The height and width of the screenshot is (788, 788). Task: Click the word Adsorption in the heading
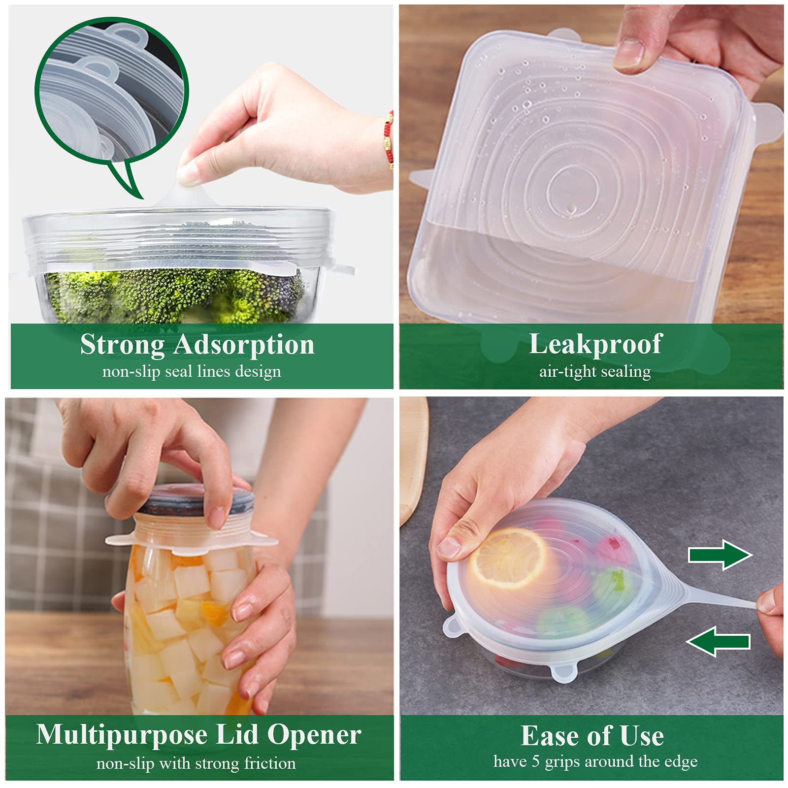(x=244, y=345)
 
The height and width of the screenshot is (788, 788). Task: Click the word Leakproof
(x=595, y=344)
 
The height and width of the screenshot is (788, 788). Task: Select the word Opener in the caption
(x=314, y=735)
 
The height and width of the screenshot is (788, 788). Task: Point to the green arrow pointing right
(x=720, y=555)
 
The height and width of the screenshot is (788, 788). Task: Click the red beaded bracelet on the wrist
(x=389, y=138)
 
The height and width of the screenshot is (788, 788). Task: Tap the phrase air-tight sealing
(x=595, y=371)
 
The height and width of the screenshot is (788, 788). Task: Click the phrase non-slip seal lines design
(x=192, y=371)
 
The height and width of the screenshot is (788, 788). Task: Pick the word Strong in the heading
(x=122, y=345)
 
